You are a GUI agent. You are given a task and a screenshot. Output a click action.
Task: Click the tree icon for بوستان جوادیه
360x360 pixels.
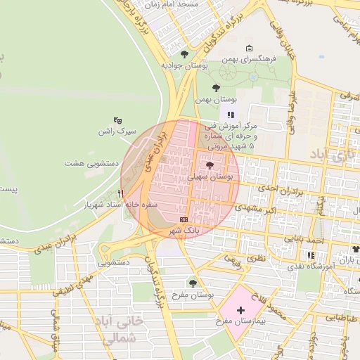pos(184,53)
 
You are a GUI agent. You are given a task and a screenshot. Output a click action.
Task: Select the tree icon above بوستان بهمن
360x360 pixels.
pos(215,89)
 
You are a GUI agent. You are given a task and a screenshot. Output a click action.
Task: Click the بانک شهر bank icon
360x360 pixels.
pos(184,219)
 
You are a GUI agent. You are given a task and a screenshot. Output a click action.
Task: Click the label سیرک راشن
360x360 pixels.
pos(117,131)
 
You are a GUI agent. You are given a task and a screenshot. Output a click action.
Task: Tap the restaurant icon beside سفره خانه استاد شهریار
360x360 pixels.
pos(121,193)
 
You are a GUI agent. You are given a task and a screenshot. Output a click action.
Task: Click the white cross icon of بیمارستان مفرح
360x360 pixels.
pos(240,309)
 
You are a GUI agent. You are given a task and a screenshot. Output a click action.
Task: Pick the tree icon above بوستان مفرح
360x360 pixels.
pos(193,283)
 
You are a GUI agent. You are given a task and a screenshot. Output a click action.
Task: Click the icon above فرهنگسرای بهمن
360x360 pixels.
pos(249,49)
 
